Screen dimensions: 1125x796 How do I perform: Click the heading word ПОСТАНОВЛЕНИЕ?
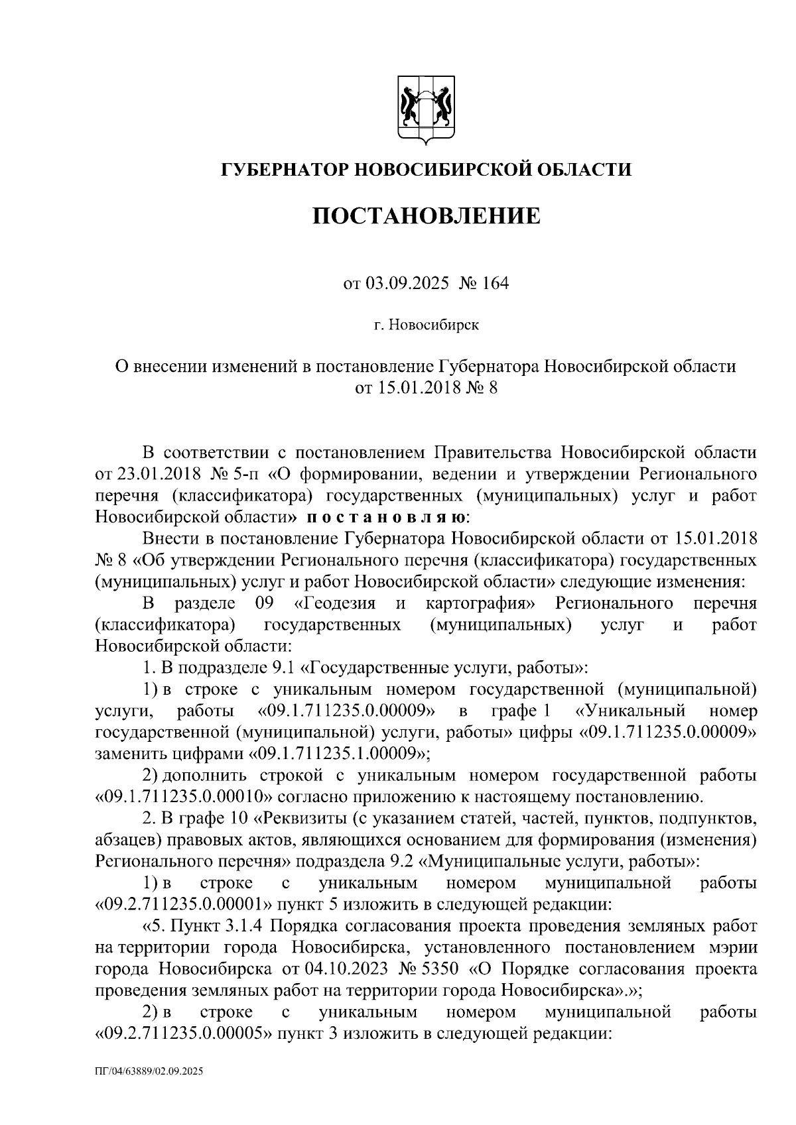tap(426, 215)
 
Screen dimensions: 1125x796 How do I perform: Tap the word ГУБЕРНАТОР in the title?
tap(286, 170)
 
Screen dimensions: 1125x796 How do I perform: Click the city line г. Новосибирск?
tap(426, 326)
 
